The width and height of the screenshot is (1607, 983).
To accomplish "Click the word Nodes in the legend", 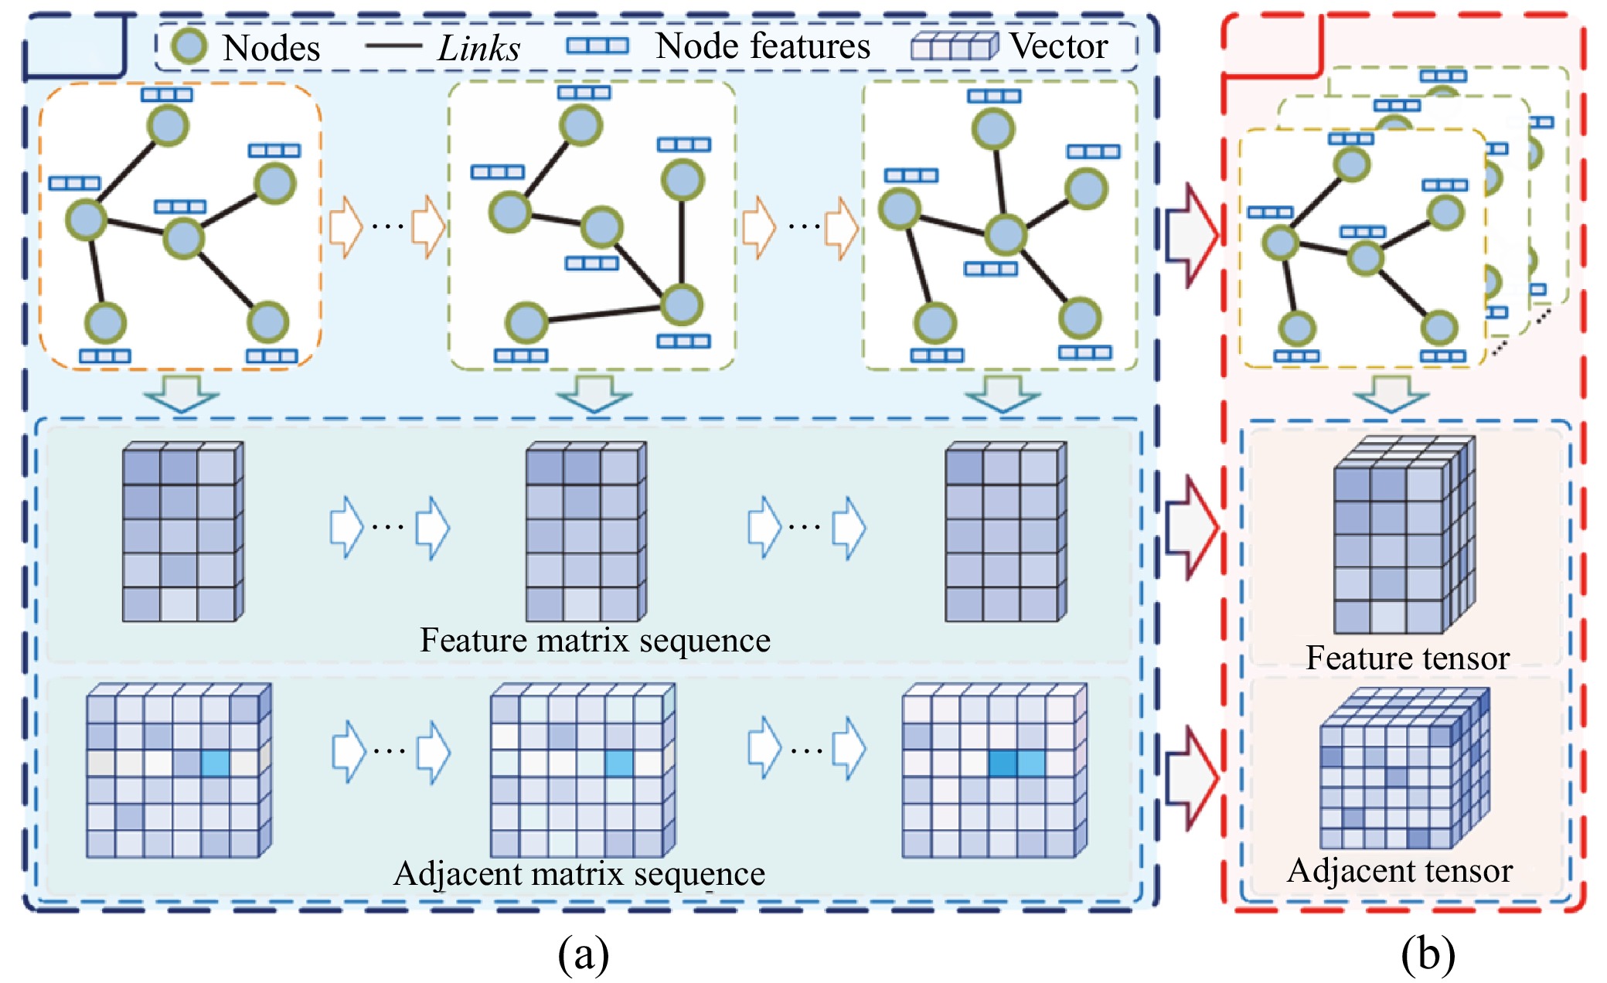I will (271, 48).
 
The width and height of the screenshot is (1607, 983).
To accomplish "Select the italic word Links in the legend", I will (479, 48).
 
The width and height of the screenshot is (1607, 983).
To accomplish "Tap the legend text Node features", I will (762, 46).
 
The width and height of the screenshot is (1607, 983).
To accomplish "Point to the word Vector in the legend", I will (1059, 46).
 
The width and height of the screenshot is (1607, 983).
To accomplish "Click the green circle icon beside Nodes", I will (189, 46).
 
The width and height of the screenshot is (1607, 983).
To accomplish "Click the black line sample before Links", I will (393, 46).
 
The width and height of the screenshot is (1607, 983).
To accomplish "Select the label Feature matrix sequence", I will (594, 641).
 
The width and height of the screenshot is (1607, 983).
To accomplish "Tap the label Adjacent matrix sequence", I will (579, 874).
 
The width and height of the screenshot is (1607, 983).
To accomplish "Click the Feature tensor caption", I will (1407, 658).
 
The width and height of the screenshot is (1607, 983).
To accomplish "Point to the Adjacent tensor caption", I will (1399, 871).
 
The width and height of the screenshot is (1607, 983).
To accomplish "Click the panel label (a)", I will (583, 954).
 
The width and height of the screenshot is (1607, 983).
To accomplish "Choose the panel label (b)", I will (1427, 954).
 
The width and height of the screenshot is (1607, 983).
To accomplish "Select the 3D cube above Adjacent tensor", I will (1403, 770).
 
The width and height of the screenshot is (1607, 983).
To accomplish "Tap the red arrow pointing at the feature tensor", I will (1191, 528).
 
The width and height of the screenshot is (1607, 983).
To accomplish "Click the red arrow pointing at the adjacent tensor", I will (1191, 777).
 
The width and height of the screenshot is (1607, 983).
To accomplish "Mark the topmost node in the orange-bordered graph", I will (168, 125).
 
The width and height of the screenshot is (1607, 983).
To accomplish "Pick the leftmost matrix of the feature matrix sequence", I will (182, 532).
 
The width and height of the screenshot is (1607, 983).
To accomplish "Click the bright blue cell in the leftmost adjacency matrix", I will (215, 764).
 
